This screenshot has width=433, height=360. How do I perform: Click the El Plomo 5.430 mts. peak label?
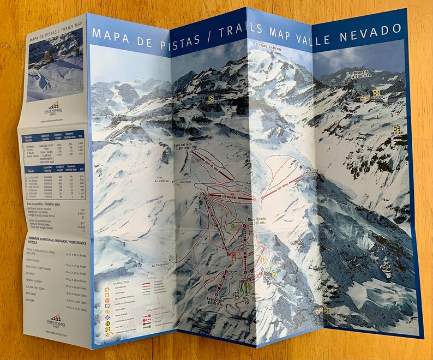267,46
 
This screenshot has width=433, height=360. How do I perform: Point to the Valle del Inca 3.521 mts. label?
184,147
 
